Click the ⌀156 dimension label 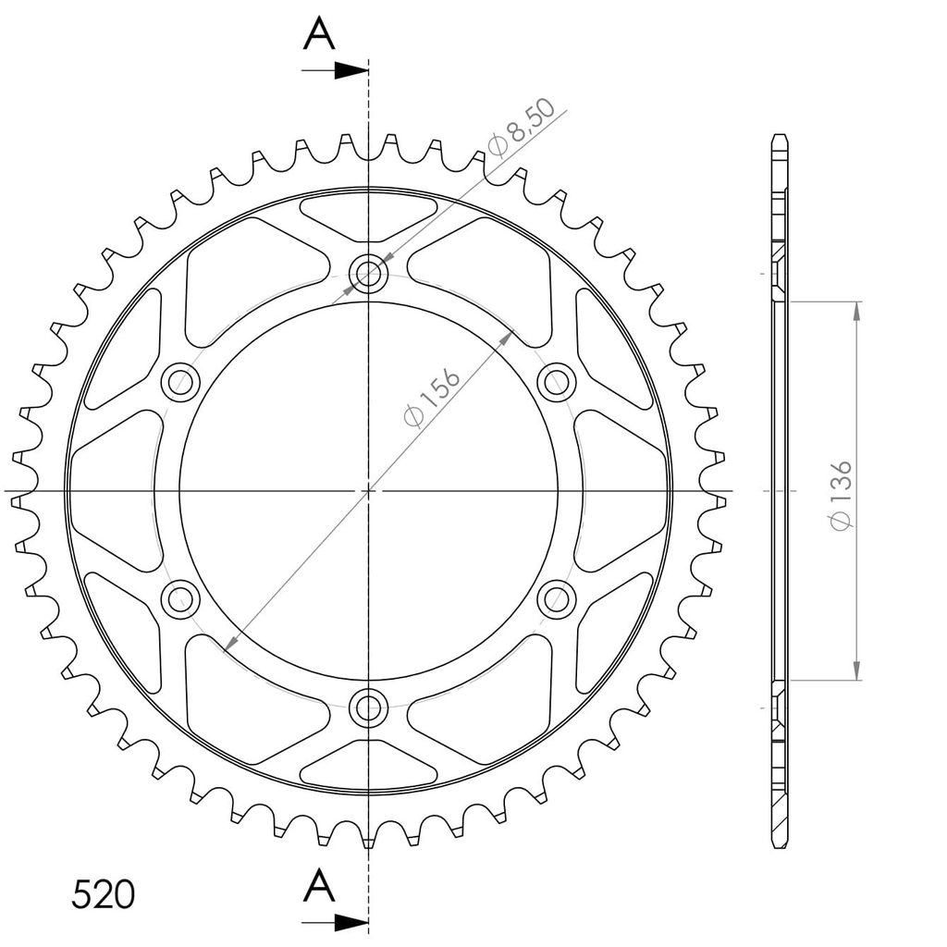tap(432, 397)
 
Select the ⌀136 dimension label tap(841, 496)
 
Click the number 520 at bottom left tap(103, 894)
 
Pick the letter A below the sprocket tap(319, 886)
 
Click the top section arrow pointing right tap(335, 70)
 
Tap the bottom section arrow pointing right tap(335, 923)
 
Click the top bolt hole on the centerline tap(368, 274)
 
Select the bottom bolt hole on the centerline tap(368, 707)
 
